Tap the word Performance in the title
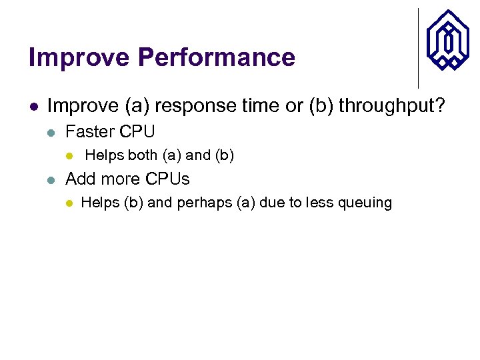click(216, 58)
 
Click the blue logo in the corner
click(447, 40)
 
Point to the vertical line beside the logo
click(418, 48)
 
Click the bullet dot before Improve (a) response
click(33, 106)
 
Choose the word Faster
click(90, 131)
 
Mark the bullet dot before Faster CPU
click(51, 131)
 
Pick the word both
click(142, 155)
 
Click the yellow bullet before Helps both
click(68, 156)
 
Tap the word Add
click(80, 179)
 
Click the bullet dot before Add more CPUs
click(51, 179)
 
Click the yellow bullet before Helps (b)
click(68, 203)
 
